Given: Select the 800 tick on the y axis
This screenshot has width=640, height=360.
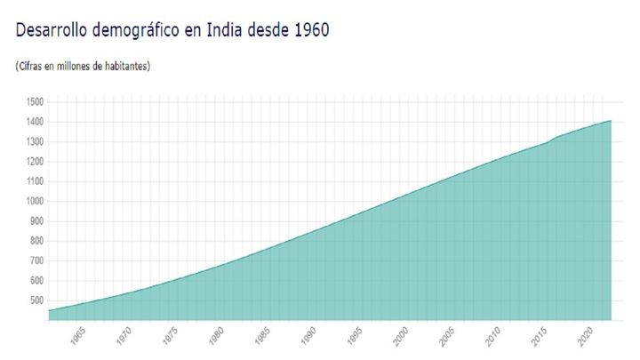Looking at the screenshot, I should coord(36,241).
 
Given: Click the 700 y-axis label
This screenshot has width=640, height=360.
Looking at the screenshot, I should coord(36,260).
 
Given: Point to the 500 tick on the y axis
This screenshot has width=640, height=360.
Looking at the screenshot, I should coord(36,300).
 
